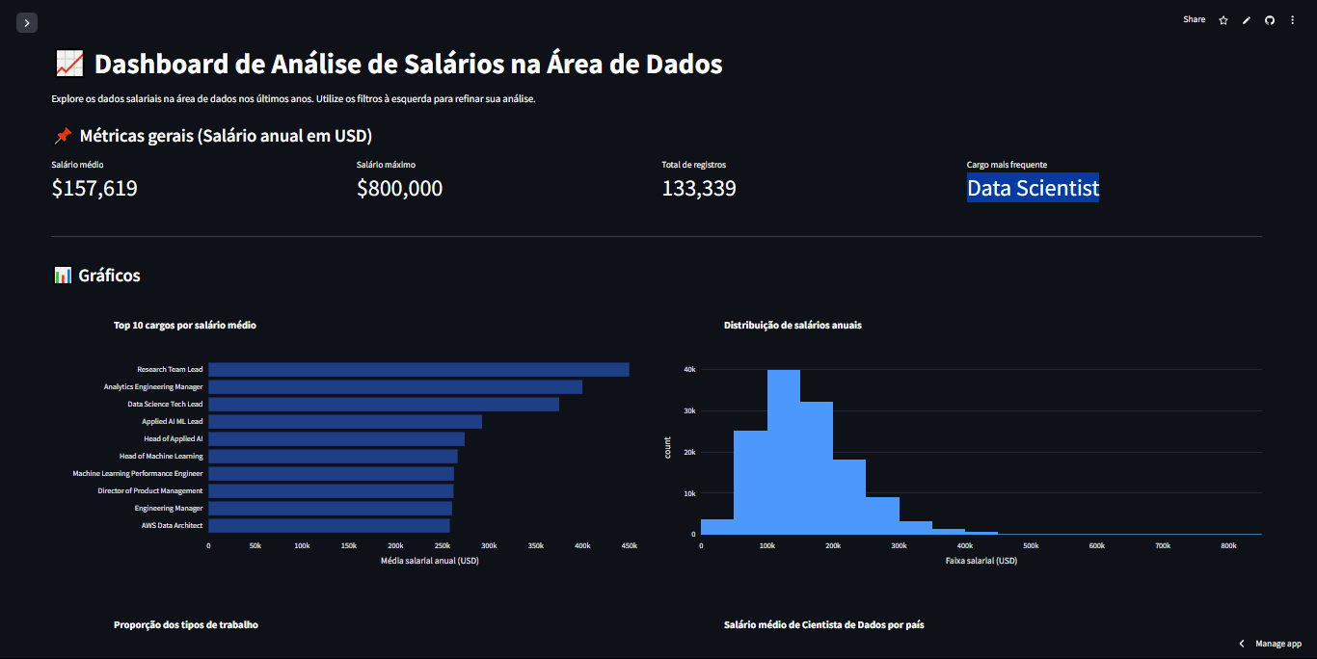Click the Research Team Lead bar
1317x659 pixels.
(418, 370)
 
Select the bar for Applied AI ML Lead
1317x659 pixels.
(345, 422)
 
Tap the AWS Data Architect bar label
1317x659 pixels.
(172, 526)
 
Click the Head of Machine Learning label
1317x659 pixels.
(161, 457)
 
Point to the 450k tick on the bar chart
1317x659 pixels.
(629, 546)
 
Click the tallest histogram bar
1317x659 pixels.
(784, 451)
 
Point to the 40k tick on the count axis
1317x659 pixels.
(689, 370)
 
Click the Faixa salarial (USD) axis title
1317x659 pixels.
(981, 561)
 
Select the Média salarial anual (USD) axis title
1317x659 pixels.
(429, 561)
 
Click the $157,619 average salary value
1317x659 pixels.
(94, 189)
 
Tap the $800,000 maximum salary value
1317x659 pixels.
(399, 189)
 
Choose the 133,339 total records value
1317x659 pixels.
(698, 189)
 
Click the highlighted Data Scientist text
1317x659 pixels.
(1033, 188)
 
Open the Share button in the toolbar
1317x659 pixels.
(1194, 19)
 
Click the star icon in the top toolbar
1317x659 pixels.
(1223, 20)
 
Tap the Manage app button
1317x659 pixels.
(1270, 644)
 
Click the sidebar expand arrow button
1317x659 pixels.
(27, 22)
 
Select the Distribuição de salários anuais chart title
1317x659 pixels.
(793, 326)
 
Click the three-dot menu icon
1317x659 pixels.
(1292, 20)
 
